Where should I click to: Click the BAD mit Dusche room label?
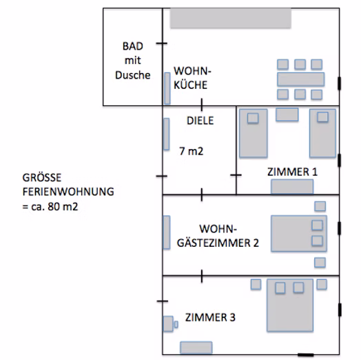[132, 61]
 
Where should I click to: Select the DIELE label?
[200, 121]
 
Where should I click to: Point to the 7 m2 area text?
[192, 151]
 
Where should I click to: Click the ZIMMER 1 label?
[292, 172]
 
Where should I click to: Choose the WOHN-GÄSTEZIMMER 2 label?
[218, 236]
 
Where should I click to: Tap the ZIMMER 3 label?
[210, 317]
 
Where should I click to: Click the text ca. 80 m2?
[54, 207]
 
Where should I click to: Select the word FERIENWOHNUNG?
[68, 192]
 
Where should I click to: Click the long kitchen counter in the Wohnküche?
[231, 18]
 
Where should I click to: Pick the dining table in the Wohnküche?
[301, 79]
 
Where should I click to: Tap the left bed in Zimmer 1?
[254, 133]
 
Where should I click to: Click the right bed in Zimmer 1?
[322, 133]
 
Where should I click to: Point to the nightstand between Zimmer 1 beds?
[287, 114]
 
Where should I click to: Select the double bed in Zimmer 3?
[290, 305]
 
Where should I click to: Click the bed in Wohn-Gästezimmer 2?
[299, 233]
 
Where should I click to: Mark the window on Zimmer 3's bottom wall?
[305, 354]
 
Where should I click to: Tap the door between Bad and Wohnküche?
[162, 43]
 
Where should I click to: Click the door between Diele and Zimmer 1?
[236, 175]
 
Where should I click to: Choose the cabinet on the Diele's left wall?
[167, 134]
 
